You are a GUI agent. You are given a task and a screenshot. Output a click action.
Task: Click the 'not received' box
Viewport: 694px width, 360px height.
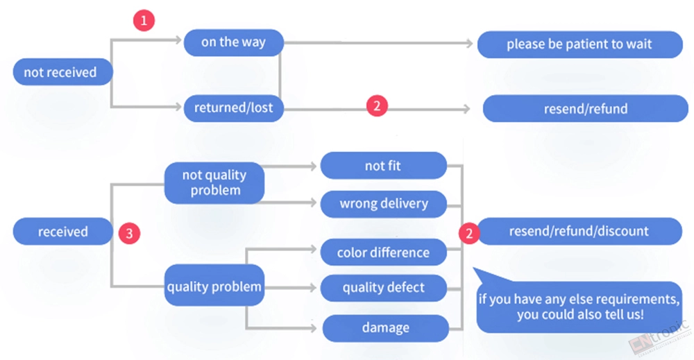tap(63, 71)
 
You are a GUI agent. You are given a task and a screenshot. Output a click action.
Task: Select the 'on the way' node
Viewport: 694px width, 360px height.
tap(234, 42)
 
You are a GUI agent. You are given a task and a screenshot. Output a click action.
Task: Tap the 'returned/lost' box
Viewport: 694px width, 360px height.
tap(234, 108)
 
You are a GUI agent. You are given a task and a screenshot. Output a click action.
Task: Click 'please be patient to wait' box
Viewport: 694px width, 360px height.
tap(579, 44)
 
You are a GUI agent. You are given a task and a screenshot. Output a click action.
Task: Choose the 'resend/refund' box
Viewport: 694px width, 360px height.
tap(586, 108)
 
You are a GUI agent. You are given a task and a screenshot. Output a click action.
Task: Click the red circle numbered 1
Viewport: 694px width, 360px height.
tap(144, 20)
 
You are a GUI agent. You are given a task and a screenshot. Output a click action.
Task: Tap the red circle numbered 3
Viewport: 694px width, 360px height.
tap(129, 233)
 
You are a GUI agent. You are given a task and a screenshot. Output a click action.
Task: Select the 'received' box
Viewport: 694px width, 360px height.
tap(63, 231)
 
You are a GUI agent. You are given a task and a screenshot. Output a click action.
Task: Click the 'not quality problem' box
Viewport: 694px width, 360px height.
tap(214, 182)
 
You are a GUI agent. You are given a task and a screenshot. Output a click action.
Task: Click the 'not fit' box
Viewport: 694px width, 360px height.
tap(383, 165)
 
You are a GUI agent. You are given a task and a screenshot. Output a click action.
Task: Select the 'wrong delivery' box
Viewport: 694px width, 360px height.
tap(383, 204)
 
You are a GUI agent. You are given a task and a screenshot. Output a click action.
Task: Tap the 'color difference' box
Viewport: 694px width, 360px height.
tap(383, 252)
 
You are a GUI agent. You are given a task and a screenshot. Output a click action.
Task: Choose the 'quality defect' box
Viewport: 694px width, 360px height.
tap(383, 288)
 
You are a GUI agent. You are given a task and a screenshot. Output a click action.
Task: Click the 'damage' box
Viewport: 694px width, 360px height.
tap(385, 328)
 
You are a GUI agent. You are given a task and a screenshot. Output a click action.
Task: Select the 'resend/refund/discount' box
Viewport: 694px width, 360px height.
tap(579, 231)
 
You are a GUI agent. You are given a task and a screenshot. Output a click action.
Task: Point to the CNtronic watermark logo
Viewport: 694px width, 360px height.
tap(660, 338)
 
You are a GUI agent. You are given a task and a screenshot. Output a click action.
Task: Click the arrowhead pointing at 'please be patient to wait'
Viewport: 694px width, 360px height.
tap(470, 43)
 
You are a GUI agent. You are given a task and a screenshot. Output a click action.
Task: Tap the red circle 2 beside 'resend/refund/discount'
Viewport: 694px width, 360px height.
tap(469, 233)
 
